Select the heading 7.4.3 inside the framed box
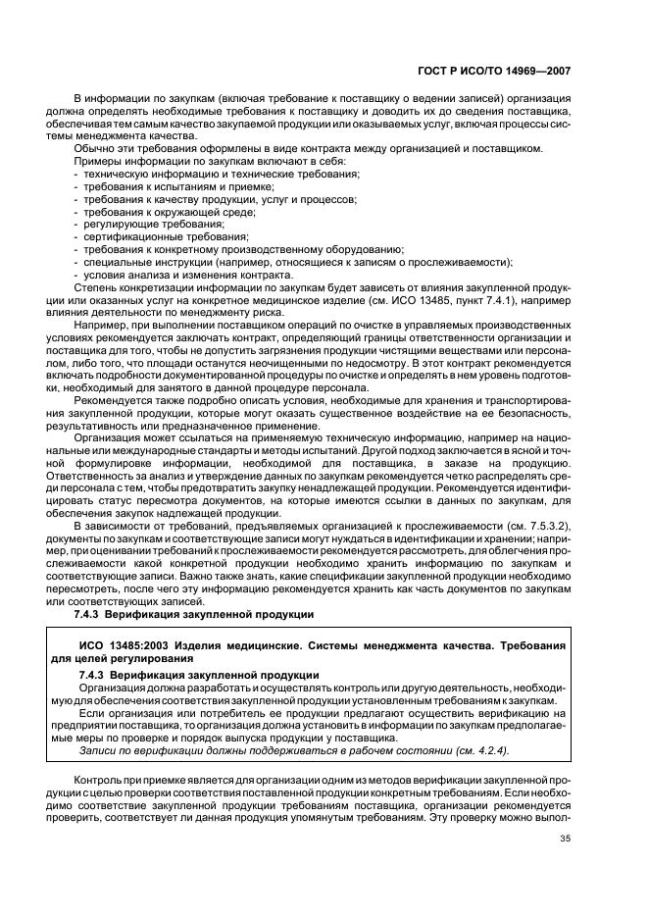(197, 676)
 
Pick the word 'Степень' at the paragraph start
(95, 287)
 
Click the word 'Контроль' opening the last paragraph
(98, 779)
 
